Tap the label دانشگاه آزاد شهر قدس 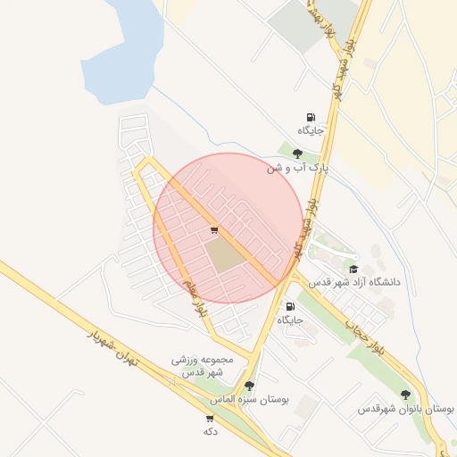pyautogui.click(x=355, y=282)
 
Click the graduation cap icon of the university pyautogui.click(x=353, y=269)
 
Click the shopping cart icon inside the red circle pyautogui.click(x=212, y=230)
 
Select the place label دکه pyautogui.click(x=211, y=431)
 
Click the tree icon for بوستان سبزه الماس pyautogui.click(x=249, y=386)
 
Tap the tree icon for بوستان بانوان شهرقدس pyautogui.click(x=406, y=395)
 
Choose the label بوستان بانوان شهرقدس pyautogui.click(x=406, y=409)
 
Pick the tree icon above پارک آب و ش pyautogui.click(x=297, y=154)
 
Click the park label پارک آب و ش pyautogui.click(x=298, y=167)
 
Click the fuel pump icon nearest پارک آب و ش pyautogui.click(x=311, y=116)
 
